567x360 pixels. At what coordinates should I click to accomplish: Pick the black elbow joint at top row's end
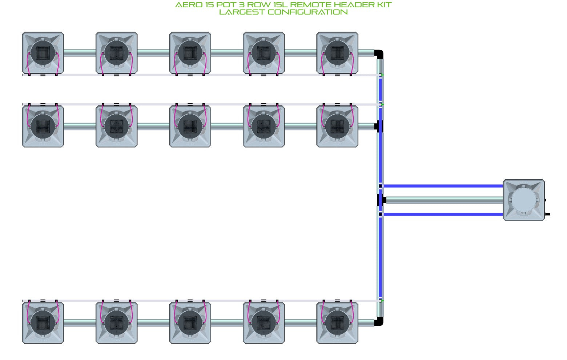(x=379, y=54)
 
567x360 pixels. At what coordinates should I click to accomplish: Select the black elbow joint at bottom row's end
(x=379, y=321)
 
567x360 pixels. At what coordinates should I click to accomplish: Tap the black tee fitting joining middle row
(x=379, y=126)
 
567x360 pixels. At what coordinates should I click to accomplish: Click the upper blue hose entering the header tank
(x=443, y=186)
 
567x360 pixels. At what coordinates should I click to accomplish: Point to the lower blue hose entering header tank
(x=443, y=215)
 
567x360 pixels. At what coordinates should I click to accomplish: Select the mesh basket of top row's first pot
(x=43, y=53)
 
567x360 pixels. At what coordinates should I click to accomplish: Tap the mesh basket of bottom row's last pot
(x=337, y=323)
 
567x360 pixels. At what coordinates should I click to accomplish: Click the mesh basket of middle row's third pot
(x=190, y=126)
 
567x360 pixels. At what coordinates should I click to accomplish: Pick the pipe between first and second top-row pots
(x=80, y=53)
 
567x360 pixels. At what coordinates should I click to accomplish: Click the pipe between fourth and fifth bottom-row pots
(x=301, y=323)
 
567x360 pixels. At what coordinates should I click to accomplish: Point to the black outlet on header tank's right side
(x=547, y=214)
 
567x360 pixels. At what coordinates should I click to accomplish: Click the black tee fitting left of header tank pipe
(x=382, y=200)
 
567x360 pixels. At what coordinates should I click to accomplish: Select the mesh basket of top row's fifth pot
(x=337, y=53)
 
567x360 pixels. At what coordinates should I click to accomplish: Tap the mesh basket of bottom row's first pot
(x=43, y=323)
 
